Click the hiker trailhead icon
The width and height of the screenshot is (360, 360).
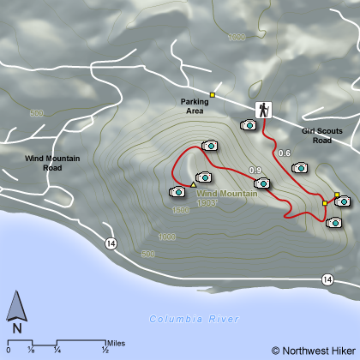point(263,109)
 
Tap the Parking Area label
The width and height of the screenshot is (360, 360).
point(195,105)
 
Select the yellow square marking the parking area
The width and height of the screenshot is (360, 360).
point(213,94)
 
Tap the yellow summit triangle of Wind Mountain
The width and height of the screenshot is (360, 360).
point(194,184)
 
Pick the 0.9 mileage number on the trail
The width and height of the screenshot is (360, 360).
point(255,171)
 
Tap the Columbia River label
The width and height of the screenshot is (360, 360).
point(194,319)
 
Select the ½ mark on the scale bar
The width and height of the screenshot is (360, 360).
point(105,350)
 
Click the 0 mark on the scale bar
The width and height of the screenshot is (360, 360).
point(8,350)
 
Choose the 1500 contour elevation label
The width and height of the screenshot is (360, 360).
point(180,209)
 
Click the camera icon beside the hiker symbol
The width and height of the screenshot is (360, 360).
point(249,125)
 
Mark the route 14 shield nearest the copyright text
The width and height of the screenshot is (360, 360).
point(327,279)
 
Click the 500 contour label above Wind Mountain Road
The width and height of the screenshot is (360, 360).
point(36,113)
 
